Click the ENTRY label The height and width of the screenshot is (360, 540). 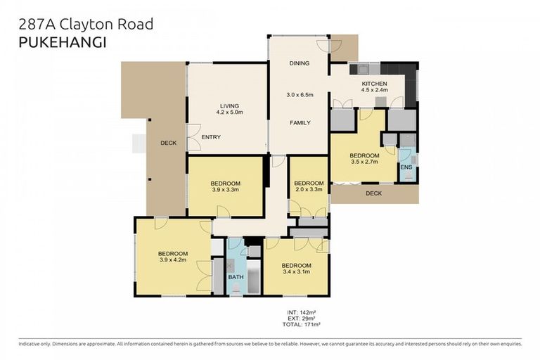tap(211, 136)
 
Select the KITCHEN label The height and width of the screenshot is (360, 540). tap(374, 83)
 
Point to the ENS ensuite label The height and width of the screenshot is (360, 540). tap(406, 167)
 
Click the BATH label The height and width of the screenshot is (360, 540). tap(236, 277)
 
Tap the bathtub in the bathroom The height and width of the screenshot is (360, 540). tap(253, 280)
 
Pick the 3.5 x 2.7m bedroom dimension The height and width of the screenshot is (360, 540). tap(364, 162)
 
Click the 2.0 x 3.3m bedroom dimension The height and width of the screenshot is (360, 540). tap(308, 189)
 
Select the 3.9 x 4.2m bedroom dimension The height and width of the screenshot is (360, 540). tap(172, 261)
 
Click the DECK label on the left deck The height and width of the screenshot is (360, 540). tap(168, 143)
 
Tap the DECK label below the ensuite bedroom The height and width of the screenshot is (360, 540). tap(374, 193)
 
